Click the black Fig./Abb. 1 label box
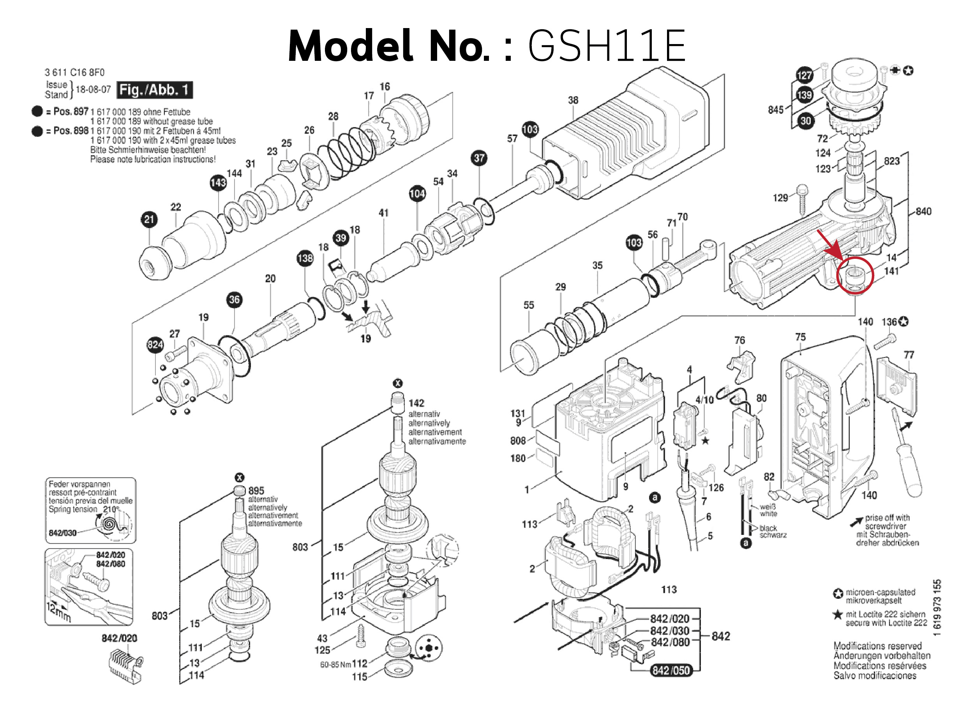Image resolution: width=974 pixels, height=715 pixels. click(154, 90)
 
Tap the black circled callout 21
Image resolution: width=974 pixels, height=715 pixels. click(149, 219)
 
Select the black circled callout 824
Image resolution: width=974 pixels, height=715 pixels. click(155, 345)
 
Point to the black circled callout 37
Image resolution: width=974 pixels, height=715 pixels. click(479, 158)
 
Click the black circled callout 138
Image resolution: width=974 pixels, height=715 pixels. click(305, 258)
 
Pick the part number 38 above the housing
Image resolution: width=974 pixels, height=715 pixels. click(573, 100)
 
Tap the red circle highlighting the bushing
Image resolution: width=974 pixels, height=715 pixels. click(855, 275)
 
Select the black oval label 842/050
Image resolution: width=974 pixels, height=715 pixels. click(671, 671)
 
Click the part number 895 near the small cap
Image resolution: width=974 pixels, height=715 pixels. click(256, 490)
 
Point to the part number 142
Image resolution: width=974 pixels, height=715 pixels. click(416, 403)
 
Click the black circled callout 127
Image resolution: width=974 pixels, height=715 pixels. click(805, 75)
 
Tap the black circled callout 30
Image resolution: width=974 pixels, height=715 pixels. click(805, 121)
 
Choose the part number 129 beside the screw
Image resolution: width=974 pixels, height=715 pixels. click(780, 198)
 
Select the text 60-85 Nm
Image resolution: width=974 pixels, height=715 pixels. click(335, 664)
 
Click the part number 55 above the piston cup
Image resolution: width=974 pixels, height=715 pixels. click(529, 305)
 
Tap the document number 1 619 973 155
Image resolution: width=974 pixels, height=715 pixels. click(937, 608)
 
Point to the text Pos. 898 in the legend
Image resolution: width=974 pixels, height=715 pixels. click(71, 131)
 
